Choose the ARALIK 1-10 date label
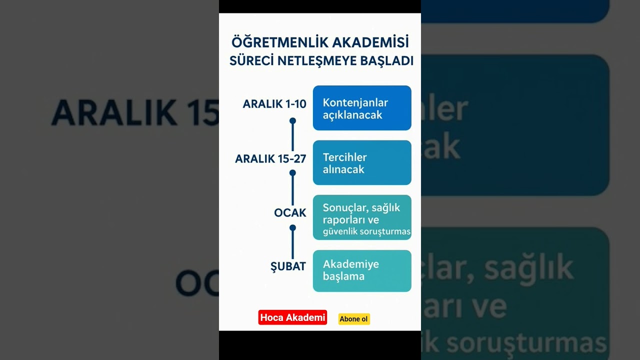(x=274, y=104)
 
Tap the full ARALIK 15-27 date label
(x=270, y=158)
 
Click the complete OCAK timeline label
(x=290, y=212)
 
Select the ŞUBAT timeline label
(x=288, y=266)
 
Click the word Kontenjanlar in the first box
(x=355, y=102)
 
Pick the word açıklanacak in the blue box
(x=352, y=115)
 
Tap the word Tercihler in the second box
(x=345, y=157)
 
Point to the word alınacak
(x=343, y=169)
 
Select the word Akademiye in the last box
(x=351, y=264)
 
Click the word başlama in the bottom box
(x=343, y=276)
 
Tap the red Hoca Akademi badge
(x=292, y=317)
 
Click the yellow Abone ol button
(x=354, y=319)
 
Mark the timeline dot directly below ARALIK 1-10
(x=292, y=120)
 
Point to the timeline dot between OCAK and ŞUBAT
(x=292, y=227)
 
